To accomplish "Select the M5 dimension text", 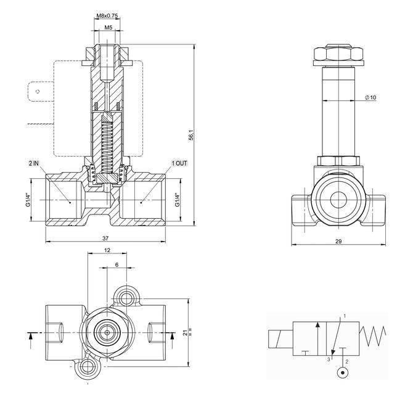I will (x=108, y=28).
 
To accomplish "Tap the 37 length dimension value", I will (x=105, y=237).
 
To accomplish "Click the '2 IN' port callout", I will (x=33, y=163).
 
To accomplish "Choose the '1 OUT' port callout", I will (x=179, y=163).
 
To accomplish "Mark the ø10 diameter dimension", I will (x=370, y=97).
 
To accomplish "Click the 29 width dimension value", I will (x=338, y=241).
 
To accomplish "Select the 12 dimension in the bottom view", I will (x=107, y=251).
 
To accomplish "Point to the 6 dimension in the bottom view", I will (x=117, y=264).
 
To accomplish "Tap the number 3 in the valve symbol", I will (x=329, y=359).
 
